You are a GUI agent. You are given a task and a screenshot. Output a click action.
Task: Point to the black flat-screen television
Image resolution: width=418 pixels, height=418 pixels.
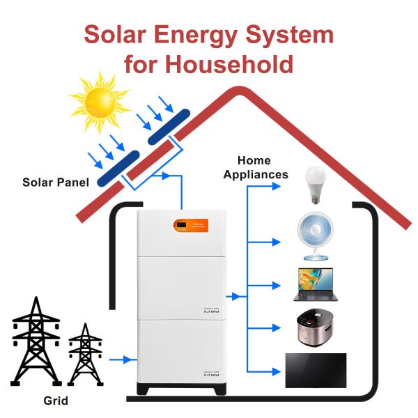coord(315,370)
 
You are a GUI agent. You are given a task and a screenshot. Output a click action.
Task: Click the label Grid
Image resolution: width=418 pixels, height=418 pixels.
coord(56,401)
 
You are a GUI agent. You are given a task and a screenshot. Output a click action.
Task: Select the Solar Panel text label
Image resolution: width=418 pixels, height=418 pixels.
coord(56,183)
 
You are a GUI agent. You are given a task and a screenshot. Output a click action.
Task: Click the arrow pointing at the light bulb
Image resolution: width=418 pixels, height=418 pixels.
coord(274,199)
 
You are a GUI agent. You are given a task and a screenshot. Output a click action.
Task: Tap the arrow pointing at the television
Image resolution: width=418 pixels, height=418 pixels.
coord(274,370)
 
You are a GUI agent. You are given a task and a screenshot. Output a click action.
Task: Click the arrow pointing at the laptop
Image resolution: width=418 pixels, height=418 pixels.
coord(274,285)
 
